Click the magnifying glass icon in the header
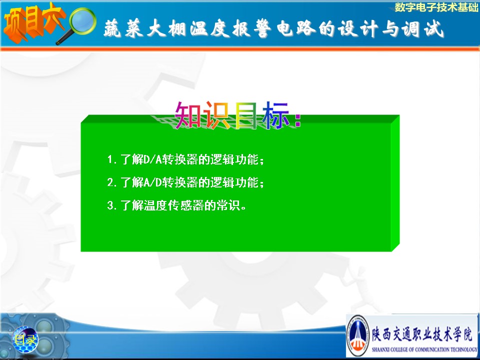80,24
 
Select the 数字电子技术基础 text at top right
436,7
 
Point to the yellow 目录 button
25,339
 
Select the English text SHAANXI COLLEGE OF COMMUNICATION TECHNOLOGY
424,349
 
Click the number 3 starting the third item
110,205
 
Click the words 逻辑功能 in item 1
234,159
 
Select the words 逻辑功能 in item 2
234,182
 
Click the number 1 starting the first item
110,159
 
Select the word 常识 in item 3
228,205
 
